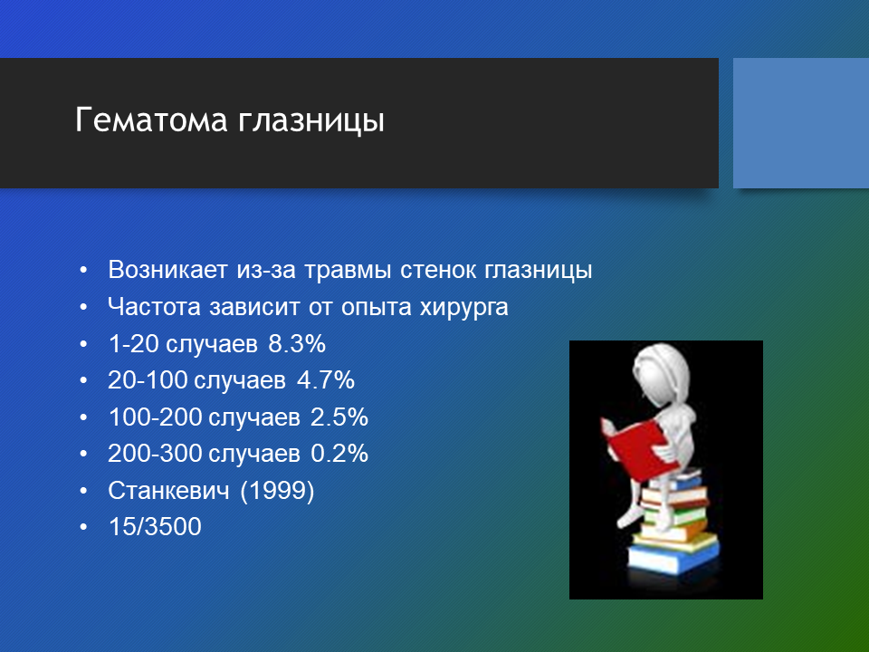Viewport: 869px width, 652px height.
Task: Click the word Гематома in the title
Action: [x=151, y=120]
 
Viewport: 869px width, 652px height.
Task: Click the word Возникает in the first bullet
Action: [x=168, y=270]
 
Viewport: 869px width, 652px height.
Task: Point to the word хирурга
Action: [x=463, y=308]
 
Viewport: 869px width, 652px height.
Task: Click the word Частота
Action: [x=154, y=307]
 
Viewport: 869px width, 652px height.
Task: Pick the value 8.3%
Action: [x=297, y=344]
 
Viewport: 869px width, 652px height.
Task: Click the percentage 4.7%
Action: [x=326, y=380]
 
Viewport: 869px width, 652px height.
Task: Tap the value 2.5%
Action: [x=339, y=417]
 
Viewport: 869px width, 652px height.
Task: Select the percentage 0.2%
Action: [x=339, y=454]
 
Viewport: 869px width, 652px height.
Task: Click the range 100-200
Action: [x=155, y=417]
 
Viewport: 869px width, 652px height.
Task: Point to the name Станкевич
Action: [x=168, y=491]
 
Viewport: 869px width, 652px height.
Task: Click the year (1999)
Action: [x=277, y=491]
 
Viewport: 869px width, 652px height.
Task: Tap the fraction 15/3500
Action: [x=155, y=527]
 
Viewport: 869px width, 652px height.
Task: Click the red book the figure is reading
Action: [x=635, y=448]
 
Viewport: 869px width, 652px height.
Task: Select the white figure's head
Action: [x=661, y=375]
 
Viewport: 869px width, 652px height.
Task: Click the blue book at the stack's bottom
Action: [x=673, y=559]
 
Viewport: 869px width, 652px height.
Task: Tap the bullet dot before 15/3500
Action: [x=83, y=527]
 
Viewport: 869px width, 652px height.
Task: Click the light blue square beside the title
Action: [x=801, y=123]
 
